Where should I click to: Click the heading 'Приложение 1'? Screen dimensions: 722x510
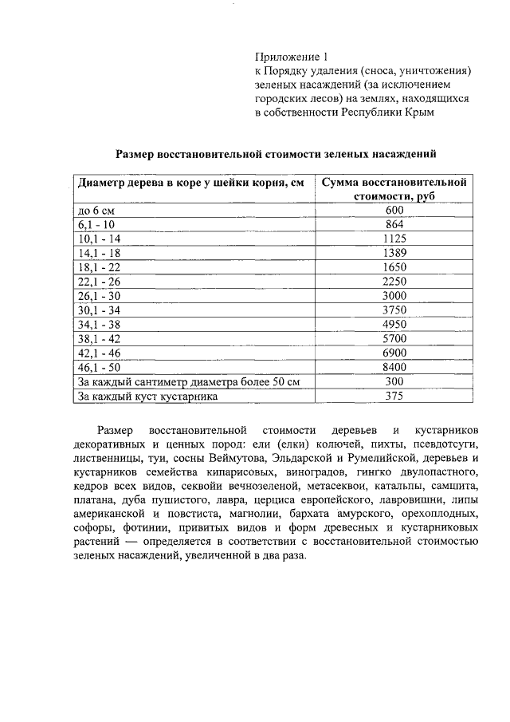click(x=291, y=57)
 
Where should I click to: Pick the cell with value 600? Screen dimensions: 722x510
click(x=394, y=210)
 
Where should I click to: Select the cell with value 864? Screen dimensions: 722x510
click(x=394, y=224)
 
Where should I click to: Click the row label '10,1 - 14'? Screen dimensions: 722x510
click(x=98, y=239)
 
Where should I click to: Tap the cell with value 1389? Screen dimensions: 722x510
click(x=394, y=253)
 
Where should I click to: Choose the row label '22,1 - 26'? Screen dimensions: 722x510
click(x=98, y=282)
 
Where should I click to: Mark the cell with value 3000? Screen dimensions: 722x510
click(x=394, y=296)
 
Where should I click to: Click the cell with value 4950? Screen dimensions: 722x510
click(x=394, y=325)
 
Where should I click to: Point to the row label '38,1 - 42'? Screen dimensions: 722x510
click(x=98, y=339)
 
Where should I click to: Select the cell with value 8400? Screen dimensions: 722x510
click(x=394, y=368)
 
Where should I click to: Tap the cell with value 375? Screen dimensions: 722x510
click(x=394, y=397)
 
